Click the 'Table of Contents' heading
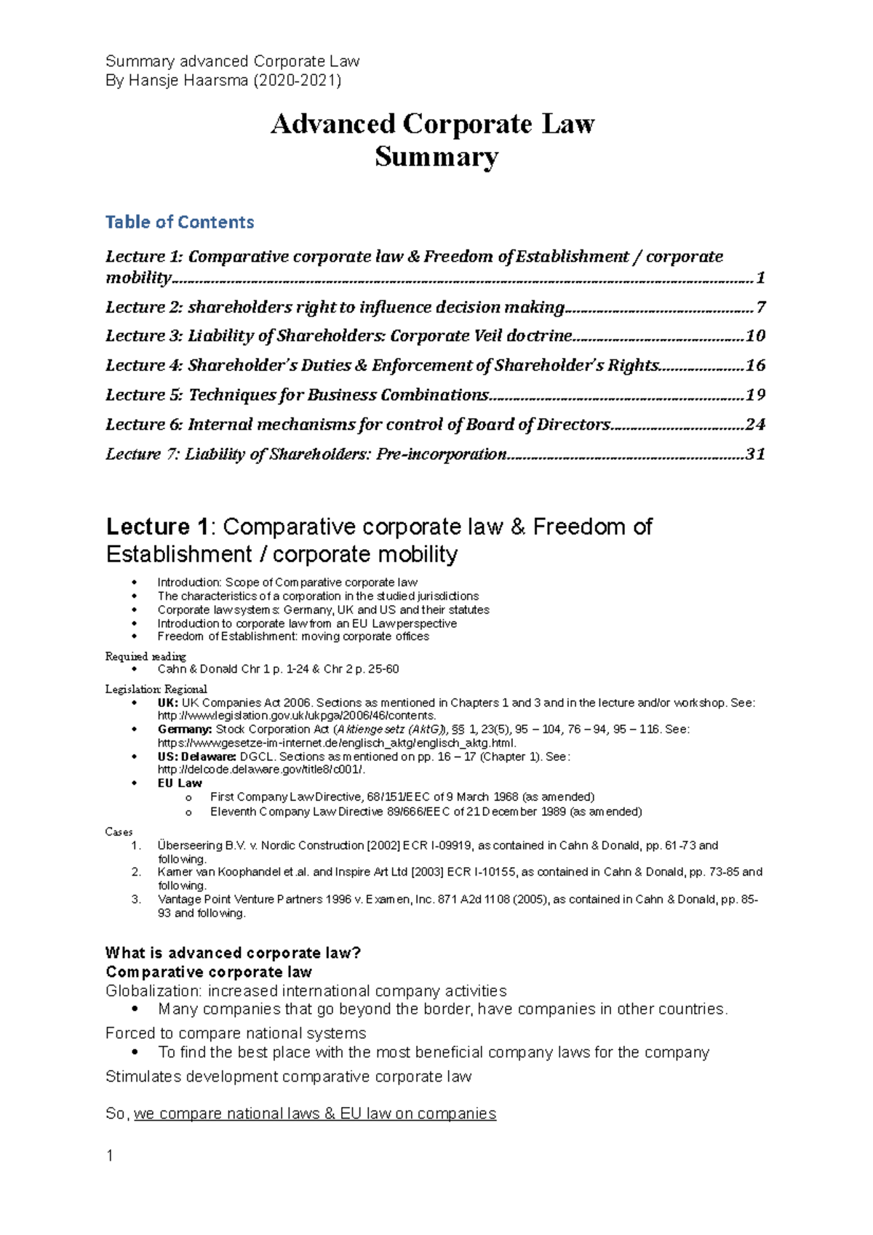point(180,222)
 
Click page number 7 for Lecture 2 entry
point(760,307)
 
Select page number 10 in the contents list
point(755,335)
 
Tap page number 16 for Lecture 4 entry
point(755,365)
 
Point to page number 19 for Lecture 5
point(755,395)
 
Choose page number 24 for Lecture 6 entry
point(755,424)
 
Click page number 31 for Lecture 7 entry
point(755,454)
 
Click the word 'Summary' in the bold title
point(436,156)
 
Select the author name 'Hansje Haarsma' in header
point(188,80)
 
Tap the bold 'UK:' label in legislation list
point(167,703)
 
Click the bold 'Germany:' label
point(185,729)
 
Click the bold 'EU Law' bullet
point(180,783)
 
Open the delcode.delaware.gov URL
point(261,770)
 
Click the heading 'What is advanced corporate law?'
point(233,953)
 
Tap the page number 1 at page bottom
point(110,1156)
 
